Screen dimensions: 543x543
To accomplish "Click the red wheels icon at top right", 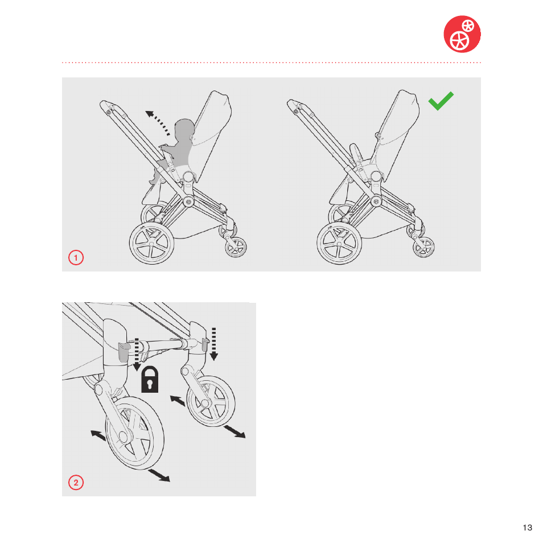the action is (462, 34).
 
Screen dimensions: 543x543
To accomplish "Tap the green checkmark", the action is (441, 101).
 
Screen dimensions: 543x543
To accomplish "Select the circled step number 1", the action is (76, 258).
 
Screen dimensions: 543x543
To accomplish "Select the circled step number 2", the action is (76, 483).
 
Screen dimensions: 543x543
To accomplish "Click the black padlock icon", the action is (150, 380).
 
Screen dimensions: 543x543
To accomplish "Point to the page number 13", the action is (528, 528).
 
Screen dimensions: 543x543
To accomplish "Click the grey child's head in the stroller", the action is (184, 130).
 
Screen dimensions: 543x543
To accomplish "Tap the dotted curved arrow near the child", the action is (157, 122).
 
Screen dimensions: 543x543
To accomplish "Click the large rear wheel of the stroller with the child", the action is (151, 243).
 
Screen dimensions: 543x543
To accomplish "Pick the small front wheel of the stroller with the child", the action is (236, 247).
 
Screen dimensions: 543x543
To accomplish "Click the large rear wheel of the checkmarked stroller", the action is (339, 243).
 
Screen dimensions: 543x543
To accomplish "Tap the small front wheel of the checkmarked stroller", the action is (423, 247).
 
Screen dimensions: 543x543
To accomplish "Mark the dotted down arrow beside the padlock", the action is (137, 354).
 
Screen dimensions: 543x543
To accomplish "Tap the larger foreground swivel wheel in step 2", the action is (135, 433).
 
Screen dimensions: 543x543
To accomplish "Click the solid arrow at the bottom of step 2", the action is (159, 475).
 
